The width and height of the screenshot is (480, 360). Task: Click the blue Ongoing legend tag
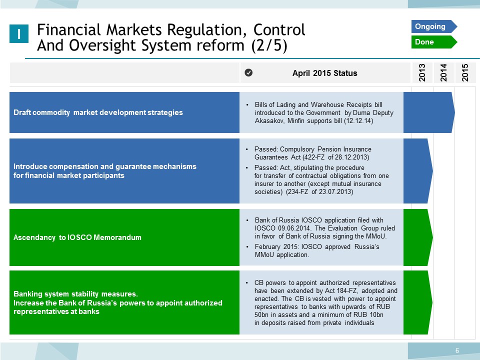click(434, 26)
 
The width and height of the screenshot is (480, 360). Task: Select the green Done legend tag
click(434, 42)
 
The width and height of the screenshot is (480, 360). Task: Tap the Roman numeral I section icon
click(19, 33)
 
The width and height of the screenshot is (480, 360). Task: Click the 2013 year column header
click(422, 72)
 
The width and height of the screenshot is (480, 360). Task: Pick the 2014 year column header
click(443, 72)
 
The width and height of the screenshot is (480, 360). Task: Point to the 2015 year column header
click(465, 72)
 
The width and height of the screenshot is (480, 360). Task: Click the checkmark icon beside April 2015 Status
click(248, 72)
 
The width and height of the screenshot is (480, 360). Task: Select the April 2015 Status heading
click(325, 73)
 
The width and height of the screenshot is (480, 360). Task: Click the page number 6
click(457, 350)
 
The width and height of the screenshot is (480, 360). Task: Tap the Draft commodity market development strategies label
click(98, 112)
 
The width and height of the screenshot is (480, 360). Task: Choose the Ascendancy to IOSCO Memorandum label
click(77, 237)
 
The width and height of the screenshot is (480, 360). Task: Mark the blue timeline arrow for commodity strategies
click(429, 112)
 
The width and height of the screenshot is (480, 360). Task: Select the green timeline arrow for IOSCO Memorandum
click(418, 237)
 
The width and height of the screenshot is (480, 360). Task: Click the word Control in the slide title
click(279, 29)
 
